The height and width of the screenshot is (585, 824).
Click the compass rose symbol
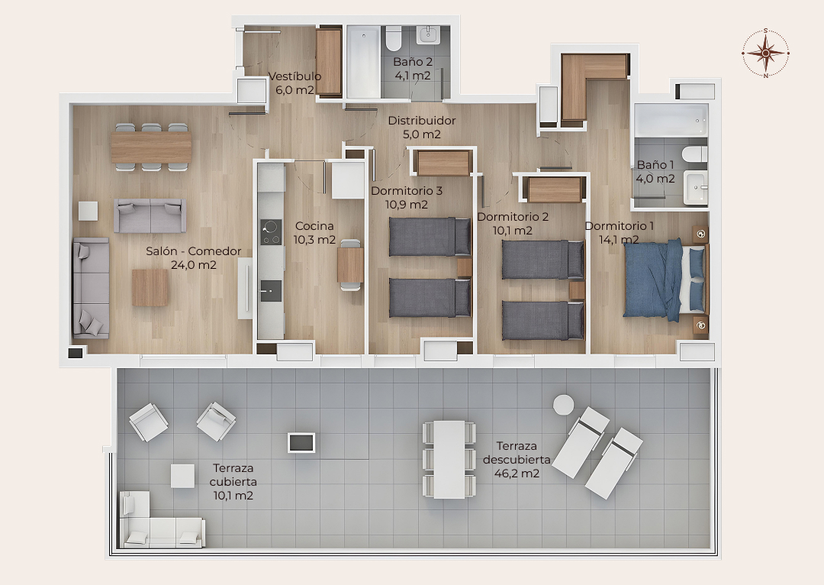click(x=766, y=53)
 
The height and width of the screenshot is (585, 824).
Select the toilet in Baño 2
click(x=393, y=37)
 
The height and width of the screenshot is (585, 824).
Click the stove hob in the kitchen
click(x=271, y=232)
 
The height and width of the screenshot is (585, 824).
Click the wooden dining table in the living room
click(x=151, y=147)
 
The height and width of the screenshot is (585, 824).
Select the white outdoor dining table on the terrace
click(x=449, y=459)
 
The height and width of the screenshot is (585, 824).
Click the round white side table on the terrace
click(x=563, y=405)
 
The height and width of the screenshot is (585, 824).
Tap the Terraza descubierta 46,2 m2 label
click(x=517, y=460)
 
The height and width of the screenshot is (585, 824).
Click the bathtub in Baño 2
click(x=363, y=62)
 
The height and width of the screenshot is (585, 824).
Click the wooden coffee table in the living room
click(x=150, y=287)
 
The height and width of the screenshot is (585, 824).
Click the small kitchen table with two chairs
click(x=350, y=264)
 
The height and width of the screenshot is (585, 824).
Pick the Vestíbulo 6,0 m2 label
click(x=295, y=83)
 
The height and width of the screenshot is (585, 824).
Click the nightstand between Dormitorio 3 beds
click(x=464, y=267)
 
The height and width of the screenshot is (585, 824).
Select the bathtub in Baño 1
click(x=671, y=120)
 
